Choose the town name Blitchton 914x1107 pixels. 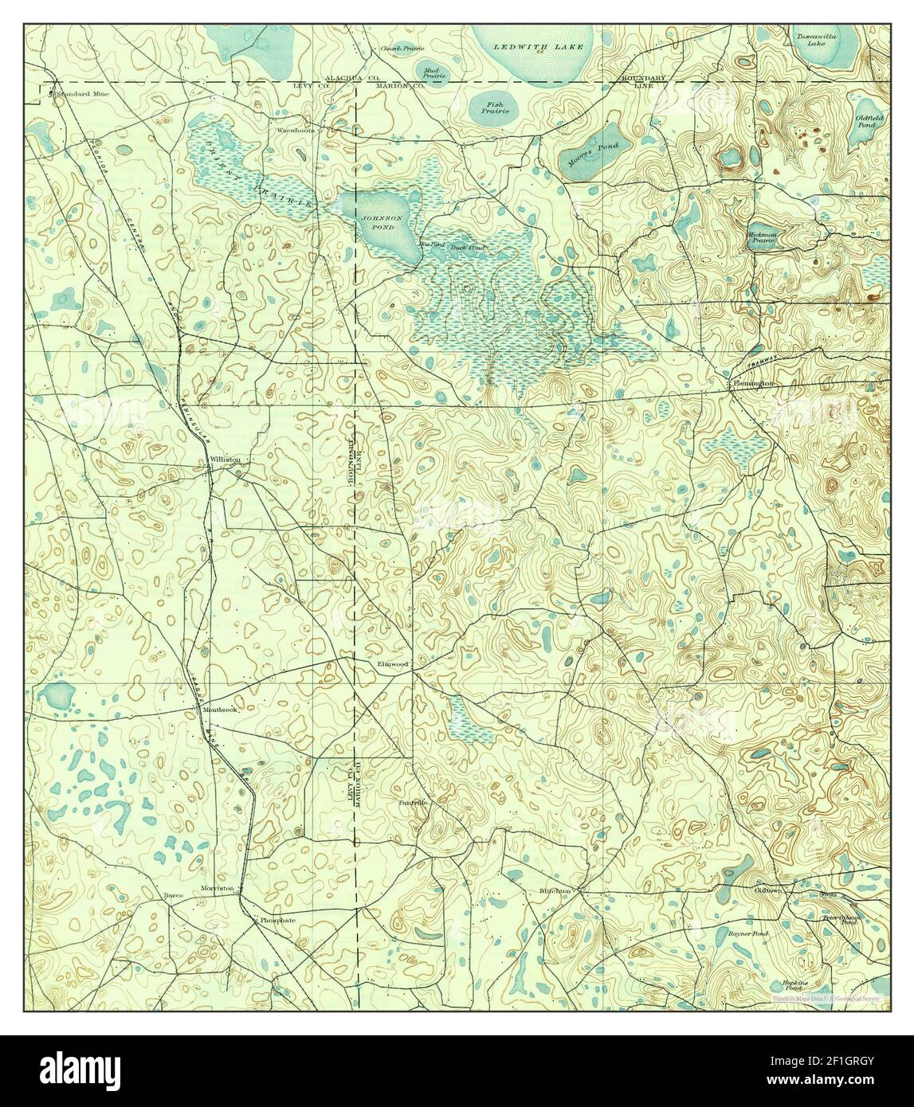click(555, 890)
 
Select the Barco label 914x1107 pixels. click(174, 896)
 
